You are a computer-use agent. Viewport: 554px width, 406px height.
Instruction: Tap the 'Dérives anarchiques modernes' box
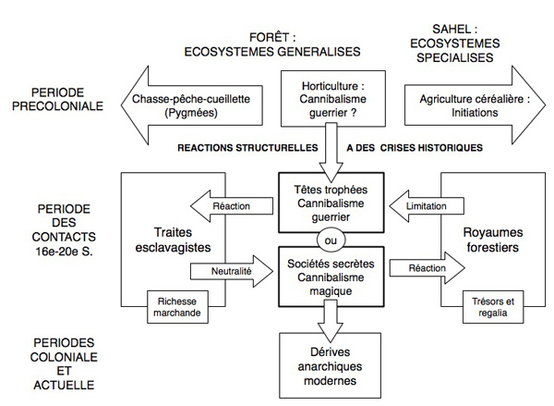[x=324, y=362]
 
